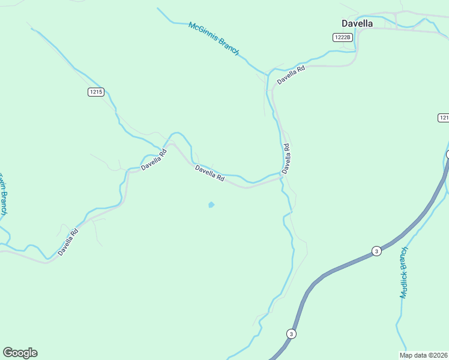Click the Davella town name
point(357,23)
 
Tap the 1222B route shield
point(342,37)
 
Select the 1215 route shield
point(95,92)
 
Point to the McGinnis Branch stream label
point(214,39)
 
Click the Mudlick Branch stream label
point(404,273)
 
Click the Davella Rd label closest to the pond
point(209,174)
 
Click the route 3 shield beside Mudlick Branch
point(376,250)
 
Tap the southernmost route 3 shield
point(291,334)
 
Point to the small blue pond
point(211,205)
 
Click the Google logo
point(20,353)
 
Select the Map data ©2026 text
point(424,355)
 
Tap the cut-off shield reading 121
point(443,118)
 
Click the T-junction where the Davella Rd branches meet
point(281,177)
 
